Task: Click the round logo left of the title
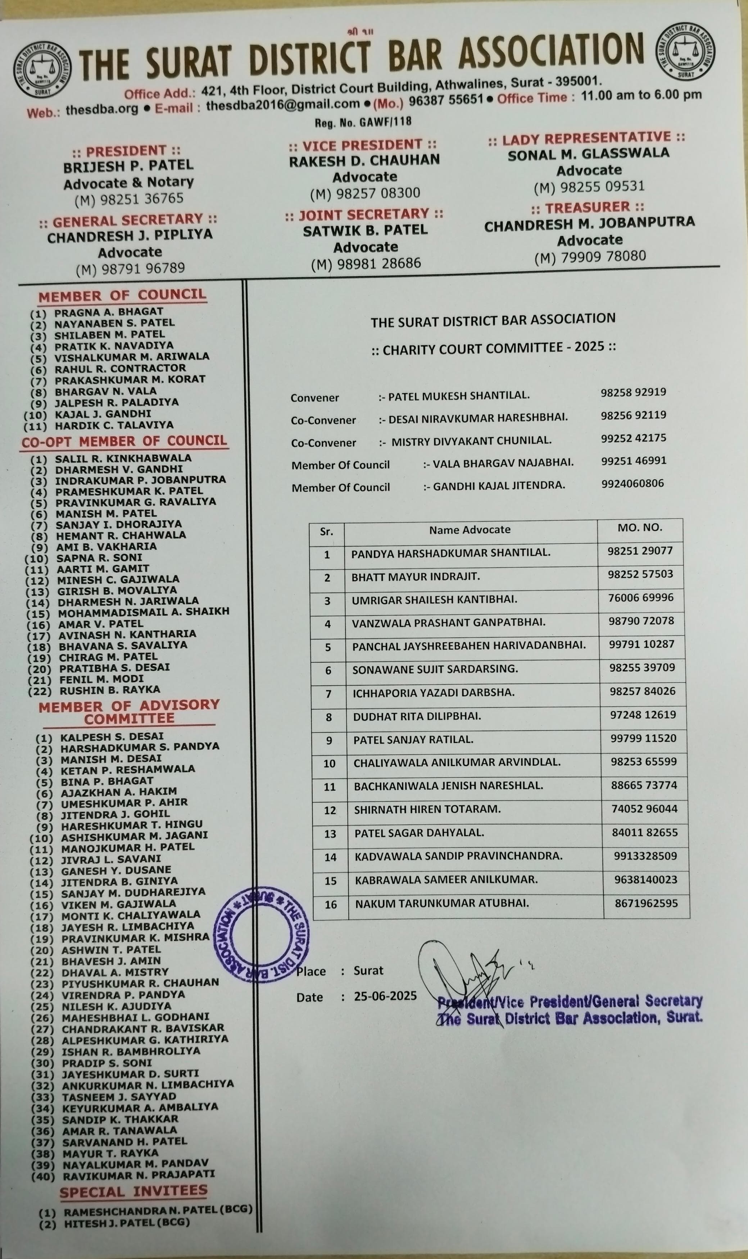pyautogui.click(x=43, y=69)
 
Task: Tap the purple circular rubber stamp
pyautogui.click(x=262, y=935)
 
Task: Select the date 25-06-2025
pyautogui.click(x=385, y=996)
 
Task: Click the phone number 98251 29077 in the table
pyautogui.click(x=640, y=551)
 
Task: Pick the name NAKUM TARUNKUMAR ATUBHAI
pyautogui.click(x=442, y=903)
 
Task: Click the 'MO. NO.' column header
pyautogui.click(x=640, y=528)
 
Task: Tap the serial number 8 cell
pyautogui.click(x=328, y=717)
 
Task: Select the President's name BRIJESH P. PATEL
pyautogui.click(x=128, y=166)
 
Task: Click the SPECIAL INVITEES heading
pyautogui.click(x=133, y=1191)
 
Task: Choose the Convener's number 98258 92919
pyautogui.click(x=633, y=392)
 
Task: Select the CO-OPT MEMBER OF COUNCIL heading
pyautogui.click(x=124, y=441)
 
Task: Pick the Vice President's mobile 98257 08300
pyautogui.click(x=365, y=193)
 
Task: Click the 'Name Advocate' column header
pyautogui.click(x=470, y=529)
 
